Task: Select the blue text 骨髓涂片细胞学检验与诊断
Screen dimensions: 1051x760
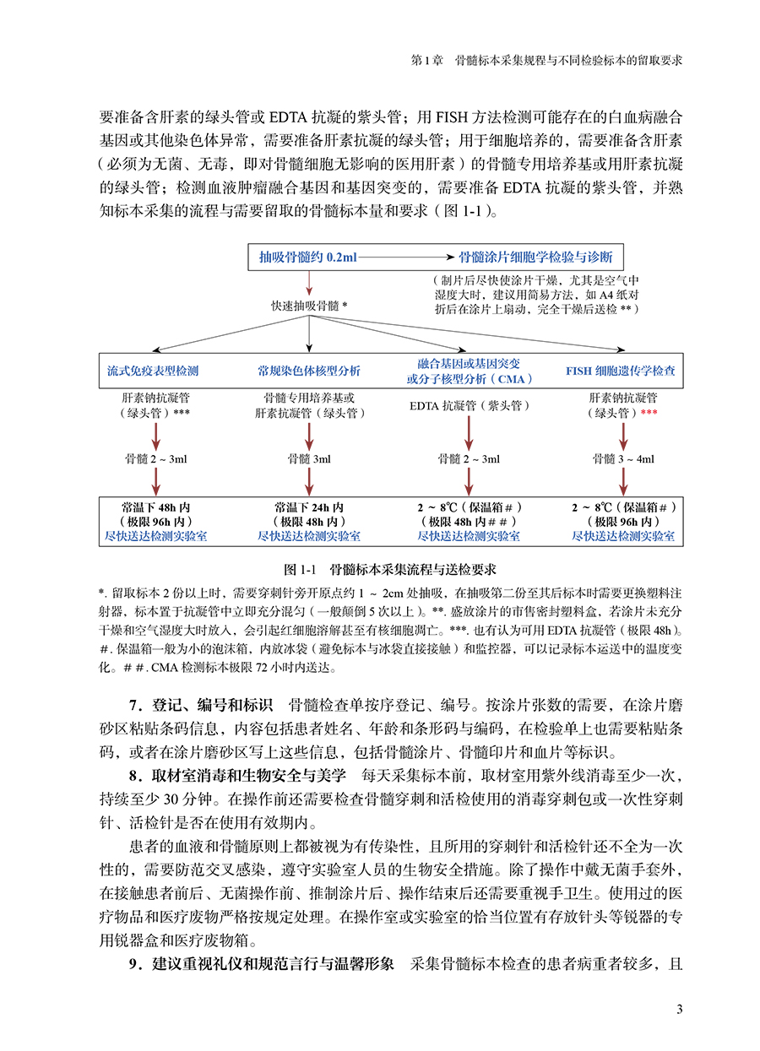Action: (535, 257)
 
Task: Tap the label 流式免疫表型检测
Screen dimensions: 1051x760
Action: (153, 371)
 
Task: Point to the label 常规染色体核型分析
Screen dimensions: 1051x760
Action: (309, 371)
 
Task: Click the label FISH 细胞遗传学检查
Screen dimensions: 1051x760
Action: (620, 371)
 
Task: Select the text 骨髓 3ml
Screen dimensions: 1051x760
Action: (309, 459)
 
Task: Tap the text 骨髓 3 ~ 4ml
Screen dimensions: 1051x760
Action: (623, 459)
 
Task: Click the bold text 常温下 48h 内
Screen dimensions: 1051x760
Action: (155, 507)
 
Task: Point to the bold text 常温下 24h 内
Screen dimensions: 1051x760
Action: (309, 507)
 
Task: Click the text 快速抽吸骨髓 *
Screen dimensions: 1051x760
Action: (309, 305)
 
